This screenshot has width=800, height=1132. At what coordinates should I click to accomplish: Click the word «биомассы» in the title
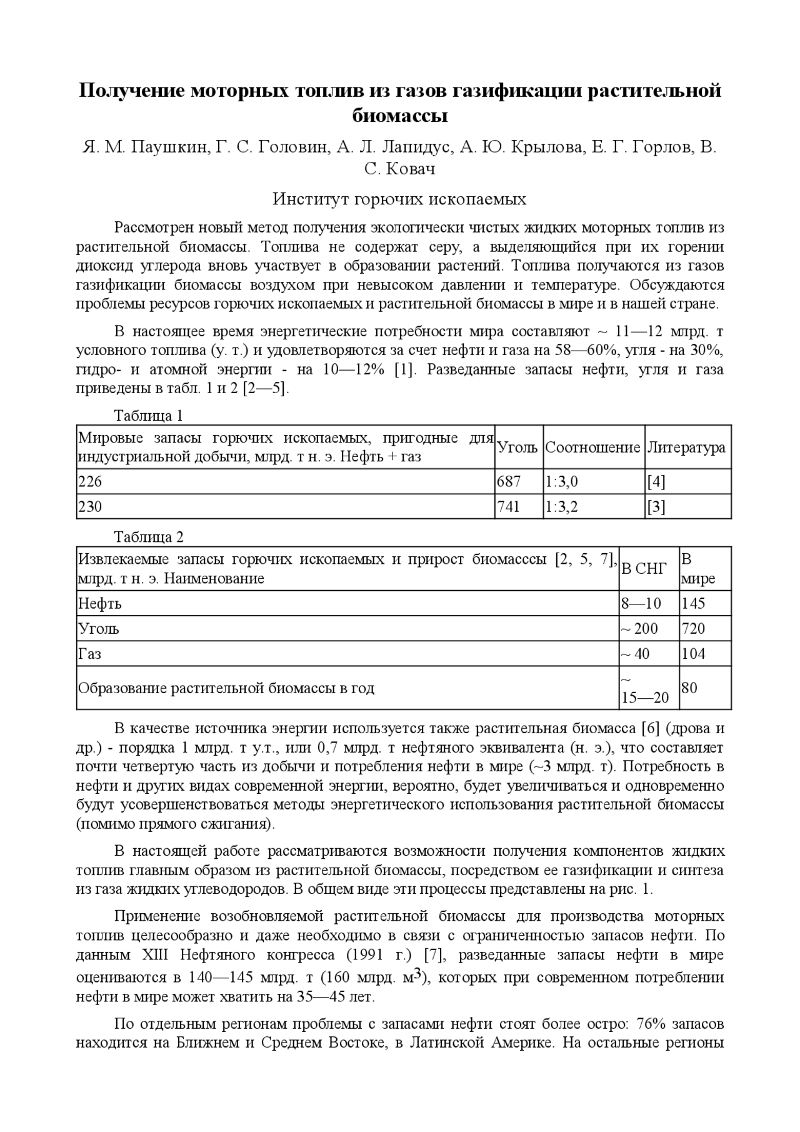(400, 117)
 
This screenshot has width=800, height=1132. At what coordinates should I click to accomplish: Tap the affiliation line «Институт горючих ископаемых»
(400, 199)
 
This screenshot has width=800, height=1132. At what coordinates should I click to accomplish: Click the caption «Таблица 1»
(148, 416)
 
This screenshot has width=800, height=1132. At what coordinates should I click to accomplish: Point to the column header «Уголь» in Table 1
(517, 448)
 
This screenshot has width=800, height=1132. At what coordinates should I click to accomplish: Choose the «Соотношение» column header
(592, 448)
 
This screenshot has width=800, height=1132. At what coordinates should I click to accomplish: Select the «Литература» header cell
(686, 448)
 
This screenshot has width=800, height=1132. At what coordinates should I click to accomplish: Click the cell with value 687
(508, 482)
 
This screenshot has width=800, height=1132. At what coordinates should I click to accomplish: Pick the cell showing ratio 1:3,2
(561, 507)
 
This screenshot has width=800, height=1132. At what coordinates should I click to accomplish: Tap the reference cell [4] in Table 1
(656, 482)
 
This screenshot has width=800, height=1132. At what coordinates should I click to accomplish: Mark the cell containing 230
(90, 507)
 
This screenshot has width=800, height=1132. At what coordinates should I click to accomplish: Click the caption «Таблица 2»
(148, 538)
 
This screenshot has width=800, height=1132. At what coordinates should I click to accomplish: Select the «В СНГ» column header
(644, 568)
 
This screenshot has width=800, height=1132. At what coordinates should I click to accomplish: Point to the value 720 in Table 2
(693, 629)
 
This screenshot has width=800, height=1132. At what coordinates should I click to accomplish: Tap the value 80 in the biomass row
(689, 688)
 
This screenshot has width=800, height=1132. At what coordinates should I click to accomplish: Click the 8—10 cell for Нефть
(641, 604)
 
